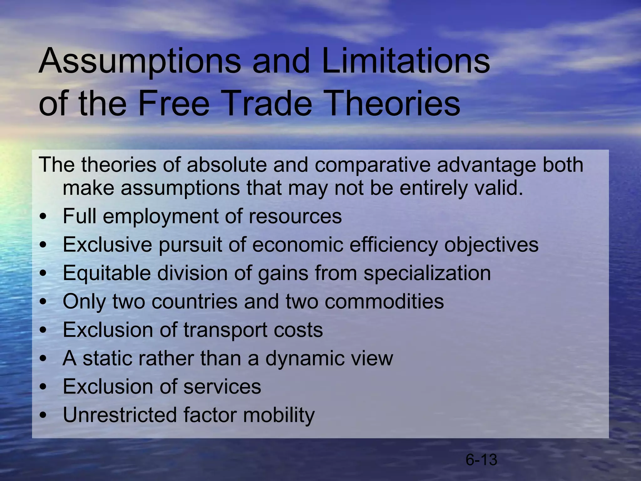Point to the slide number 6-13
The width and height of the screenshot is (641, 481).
pos(481,460)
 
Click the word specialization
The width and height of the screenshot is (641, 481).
pos(427,273)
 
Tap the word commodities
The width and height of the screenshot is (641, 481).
pos(384,301)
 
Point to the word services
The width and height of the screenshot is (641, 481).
pos(222,386)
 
